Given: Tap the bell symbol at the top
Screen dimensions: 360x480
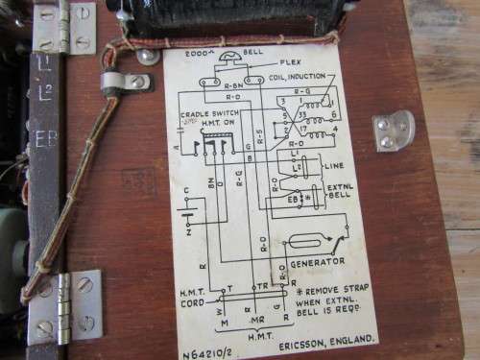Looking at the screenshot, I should click(228, 59).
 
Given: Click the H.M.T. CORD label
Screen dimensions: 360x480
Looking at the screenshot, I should click(195, 300).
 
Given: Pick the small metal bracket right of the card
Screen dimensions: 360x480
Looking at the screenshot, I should click(393, 131).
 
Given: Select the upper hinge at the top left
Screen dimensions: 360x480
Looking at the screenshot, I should click(63, 26).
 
